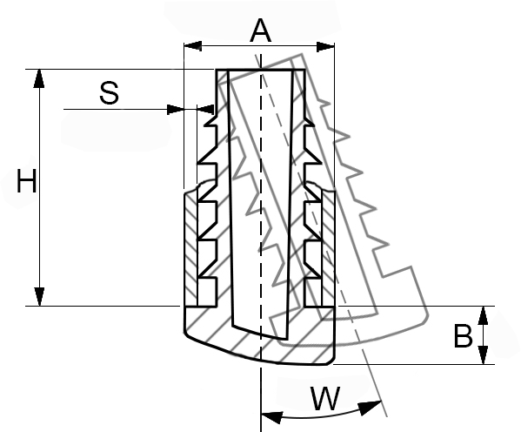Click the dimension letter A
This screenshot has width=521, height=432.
click(x=261, y=30)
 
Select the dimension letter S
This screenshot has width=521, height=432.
click(x=109, y=93)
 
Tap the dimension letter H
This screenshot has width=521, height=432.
click(x=27, y=181)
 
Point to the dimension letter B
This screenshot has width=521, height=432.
click(x=463, y=336)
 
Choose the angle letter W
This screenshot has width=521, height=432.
click(x=325, y=398)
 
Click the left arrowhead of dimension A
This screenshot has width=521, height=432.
click(x=193, y=46)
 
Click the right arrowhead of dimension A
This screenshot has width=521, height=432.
click(x=325, y=47)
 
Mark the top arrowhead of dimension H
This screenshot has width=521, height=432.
click(x=39, y=78)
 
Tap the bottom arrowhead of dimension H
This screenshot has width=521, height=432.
click(x=39, y=296)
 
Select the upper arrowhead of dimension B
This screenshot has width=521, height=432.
click(x=483, y=315)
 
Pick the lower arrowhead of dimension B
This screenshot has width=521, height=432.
click(x=483, y=355)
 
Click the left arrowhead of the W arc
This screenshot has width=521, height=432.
click(x=271, y=417)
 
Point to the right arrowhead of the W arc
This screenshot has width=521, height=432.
click(x=370, y=408)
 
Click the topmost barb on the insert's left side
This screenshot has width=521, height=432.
click(x=210, y=120)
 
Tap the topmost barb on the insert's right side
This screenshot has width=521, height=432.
click(x=309, y=121)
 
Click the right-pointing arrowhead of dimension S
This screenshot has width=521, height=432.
click(x=175, y=109)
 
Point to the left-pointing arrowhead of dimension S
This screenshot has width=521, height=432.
click(x=205, y=109)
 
